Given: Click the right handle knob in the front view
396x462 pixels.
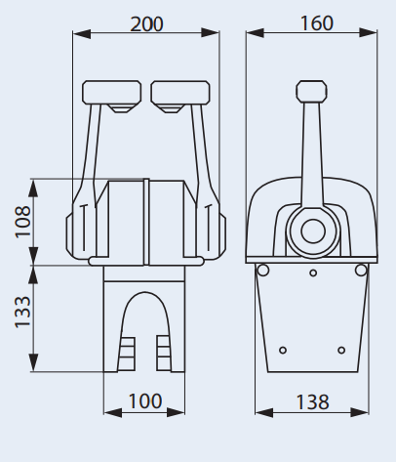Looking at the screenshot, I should (x=179, y=94).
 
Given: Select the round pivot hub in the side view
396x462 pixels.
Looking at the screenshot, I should (x=313, y=231).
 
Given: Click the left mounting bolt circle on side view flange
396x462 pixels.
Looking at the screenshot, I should (x=260, y=270).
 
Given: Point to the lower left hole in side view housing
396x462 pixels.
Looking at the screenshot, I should (x=282, y=350).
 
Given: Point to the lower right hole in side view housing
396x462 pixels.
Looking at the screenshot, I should (x=341, y=350).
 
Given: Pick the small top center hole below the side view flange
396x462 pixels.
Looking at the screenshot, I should (x=312, y=274).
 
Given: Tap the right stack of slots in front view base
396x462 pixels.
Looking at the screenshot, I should (x=163, y=353).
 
